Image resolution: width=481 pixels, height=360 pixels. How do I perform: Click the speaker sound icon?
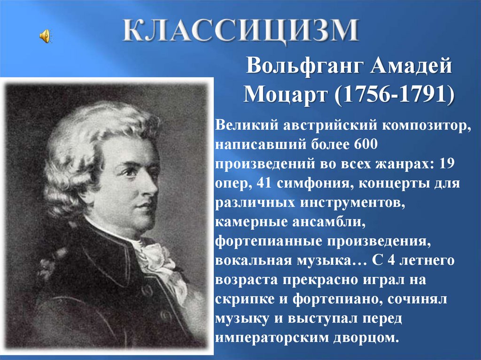(45, 36)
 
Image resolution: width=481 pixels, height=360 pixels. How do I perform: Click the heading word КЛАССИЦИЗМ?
(241, 30)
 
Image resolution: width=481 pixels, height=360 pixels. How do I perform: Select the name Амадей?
(411, 65)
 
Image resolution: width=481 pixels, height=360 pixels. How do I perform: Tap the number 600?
(365, 144)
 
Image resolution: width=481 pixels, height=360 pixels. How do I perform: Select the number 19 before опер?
(447, 163)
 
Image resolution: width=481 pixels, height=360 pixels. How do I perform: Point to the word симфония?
(315, 184)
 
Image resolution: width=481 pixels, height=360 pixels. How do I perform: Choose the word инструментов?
(352, 203)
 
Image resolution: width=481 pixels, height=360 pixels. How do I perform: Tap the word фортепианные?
(268, 242)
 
